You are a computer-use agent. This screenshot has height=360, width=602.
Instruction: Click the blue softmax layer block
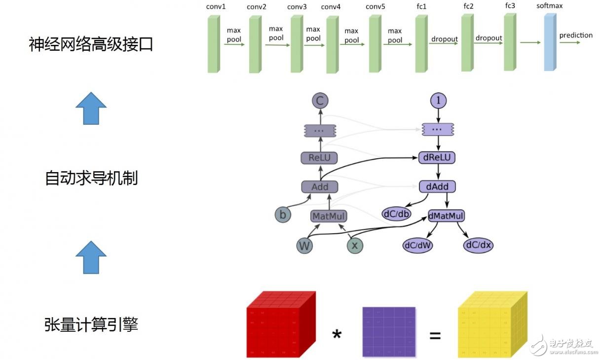coord(550,42)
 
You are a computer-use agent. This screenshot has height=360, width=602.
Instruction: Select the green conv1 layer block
coord(213,44)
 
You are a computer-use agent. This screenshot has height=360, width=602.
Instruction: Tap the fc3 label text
coord(510,6)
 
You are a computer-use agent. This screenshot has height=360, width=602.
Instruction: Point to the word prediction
coord(576,35)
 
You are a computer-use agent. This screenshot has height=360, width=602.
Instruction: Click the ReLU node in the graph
coord(319,158)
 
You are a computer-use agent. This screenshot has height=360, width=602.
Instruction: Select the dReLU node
coord(437,158)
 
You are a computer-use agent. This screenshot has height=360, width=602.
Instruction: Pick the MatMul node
coord(329,216)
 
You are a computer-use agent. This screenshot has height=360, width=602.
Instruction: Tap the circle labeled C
coord(320,102)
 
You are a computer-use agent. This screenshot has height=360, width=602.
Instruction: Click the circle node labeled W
coord(305,245)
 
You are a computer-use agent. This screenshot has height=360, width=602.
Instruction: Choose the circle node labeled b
coord(283,215)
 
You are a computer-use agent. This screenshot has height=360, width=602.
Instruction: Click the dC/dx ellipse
coord(479,245)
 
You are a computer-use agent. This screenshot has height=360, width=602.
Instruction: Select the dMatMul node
coord(447,216)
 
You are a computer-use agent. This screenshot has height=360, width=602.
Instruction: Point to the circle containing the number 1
coord(438,101)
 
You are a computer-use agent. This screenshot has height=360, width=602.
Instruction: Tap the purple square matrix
coord(389,332)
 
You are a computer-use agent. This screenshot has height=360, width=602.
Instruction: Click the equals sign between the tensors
coord(435,336)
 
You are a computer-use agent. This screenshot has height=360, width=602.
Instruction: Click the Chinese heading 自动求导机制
coord(91,178)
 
